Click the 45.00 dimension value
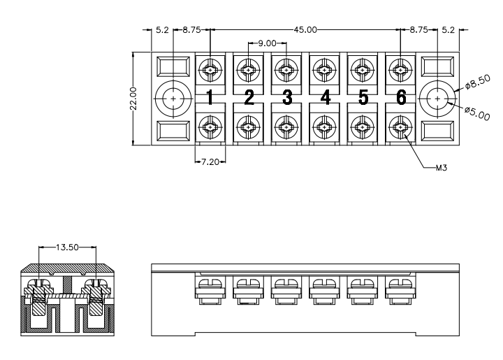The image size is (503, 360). coord(305,30)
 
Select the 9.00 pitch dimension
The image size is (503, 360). coord(267,43)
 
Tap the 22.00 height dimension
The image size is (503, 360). coord(133,99)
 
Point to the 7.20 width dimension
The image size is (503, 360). coord(210,161)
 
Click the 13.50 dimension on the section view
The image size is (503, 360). coord(67,247)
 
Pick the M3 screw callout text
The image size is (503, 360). coord(442,168)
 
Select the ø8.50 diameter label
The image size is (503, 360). coord(478,82)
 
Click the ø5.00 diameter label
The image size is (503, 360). coord(477,114)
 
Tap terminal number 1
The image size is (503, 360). coord(210,98)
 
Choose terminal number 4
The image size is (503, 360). coord(326,98)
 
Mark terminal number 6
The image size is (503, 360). coord(401,98)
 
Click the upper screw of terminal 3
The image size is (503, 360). coord(286,70)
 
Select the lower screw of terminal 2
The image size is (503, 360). coord(248,127)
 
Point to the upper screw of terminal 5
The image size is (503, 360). coord(363,70)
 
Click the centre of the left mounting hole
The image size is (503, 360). coord(173,99)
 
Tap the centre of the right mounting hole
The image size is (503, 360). coord(437,99)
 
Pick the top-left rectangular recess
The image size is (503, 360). coord(173,66)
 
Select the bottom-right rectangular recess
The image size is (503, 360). coord(437,131)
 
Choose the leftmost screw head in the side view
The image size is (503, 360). coord(210,285)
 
